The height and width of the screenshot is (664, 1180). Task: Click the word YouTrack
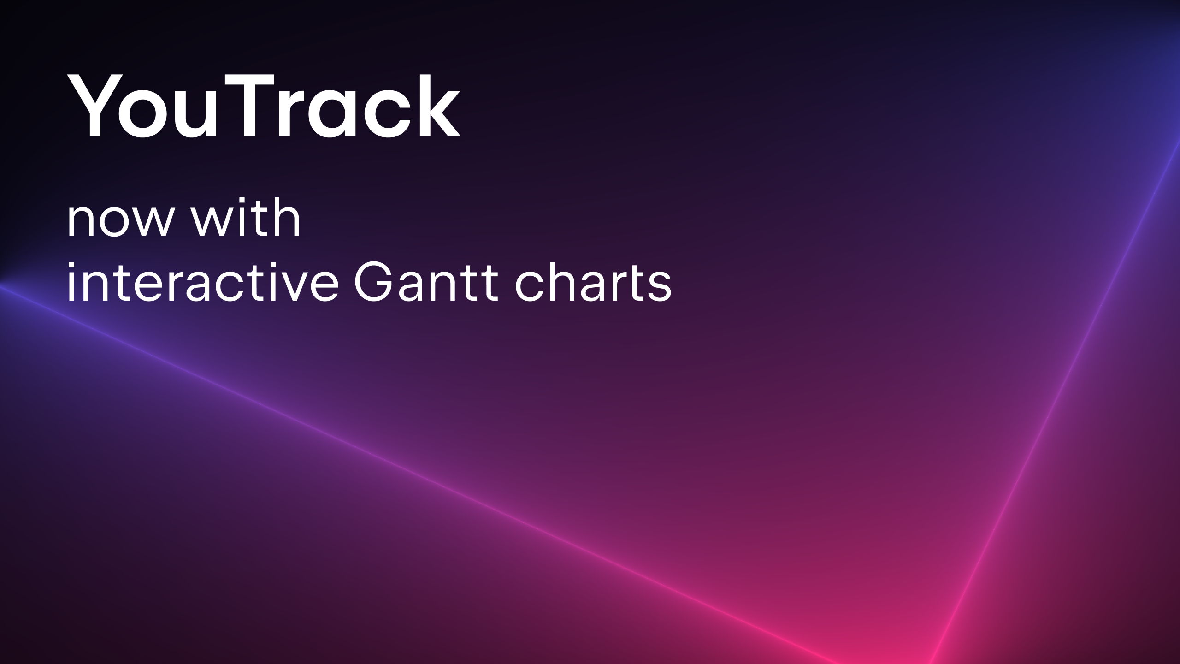click(264, 106)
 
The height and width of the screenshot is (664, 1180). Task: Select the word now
click(123, 222)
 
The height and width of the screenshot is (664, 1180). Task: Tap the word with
click(247, 217)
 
